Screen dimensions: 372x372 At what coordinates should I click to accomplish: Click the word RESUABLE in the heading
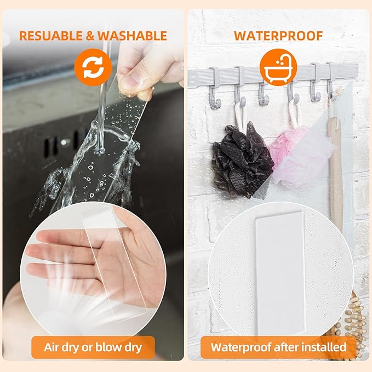[x=51, y=36]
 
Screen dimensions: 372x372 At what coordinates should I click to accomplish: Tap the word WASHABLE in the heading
[x=132, y=36]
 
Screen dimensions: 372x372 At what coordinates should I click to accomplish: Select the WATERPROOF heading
[x=278, y=36]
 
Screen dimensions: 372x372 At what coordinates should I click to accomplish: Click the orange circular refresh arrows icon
[x=93, y=67]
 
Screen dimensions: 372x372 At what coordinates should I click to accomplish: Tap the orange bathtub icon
[x=278, y=67]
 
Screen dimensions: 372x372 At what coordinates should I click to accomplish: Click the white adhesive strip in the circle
[x=280, y=273]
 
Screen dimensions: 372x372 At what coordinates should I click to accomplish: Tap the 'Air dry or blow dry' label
[x=93, y=347]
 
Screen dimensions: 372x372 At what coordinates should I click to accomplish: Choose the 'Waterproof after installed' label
[x=278, y=347]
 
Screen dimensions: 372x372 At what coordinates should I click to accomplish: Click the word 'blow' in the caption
[x=107, y=347]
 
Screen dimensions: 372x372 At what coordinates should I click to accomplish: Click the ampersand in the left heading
[x=90, y=36]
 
